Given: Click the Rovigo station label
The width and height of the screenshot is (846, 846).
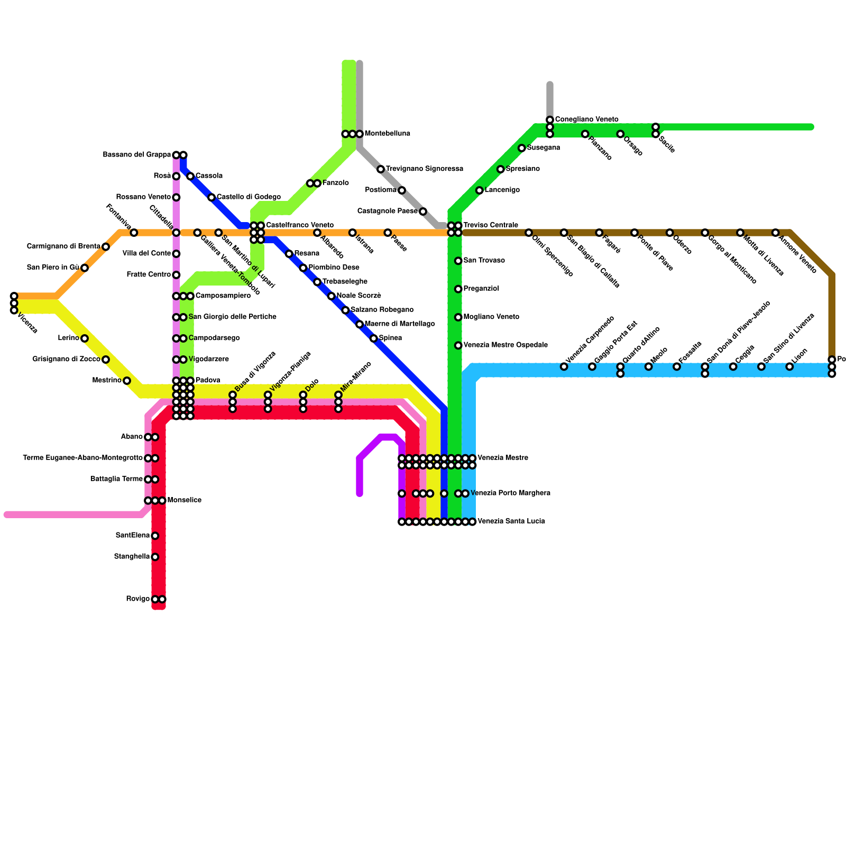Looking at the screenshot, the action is pyautogui.click(x=137, y=599).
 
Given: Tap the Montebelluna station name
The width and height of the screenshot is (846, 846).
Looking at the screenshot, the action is pyautogui.click(x=387, y=134).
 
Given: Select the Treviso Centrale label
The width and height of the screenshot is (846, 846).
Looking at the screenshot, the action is pyautogui.click(x=490, y=225).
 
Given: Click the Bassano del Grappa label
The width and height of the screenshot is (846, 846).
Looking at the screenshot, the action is pyautogui.click(x=136, y=155).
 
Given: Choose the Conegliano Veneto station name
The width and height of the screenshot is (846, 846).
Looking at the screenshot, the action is pyautogui.click(x=586, y=119).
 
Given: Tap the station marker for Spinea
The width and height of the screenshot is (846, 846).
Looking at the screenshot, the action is pyautogui.click(x=374, y=338).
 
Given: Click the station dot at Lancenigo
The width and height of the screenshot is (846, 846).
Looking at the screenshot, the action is pyautogui.click(x=480, y=190).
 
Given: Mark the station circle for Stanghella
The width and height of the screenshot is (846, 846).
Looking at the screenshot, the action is pyautogui.click(x=155, y=557).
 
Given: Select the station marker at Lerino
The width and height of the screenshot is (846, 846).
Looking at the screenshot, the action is pyautogui.click(x=85, y=338).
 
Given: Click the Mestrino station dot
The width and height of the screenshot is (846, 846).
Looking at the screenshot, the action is pyautogui.click(x=127, y=381).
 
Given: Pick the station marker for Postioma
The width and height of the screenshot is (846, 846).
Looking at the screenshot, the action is pyautogui.click(x=402, y=190).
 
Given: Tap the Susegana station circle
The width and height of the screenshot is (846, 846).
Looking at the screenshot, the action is pyautogui.click(x=522, y=148).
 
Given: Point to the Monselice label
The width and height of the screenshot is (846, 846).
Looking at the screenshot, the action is pyautogui.click(x=184, y=500).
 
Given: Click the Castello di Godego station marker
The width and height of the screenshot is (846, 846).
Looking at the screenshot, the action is pyautogui.click(x=212, y=197).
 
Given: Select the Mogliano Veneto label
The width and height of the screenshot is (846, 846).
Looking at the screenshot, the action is pyautogui.click(x=491, y=317).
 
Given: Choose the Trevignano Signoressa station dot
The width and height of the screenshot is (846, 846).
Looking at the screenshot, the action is pyautogui.click(x=381, y=169).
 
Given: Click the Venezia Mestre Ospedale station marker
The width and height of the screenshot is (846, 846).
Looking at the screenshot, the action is pyautogui.click(x=458, y=345).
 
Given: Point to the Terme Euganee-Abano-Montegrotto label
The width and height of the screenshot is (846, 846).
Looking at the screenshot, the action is pyautogui.click(x=82, y=458).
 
